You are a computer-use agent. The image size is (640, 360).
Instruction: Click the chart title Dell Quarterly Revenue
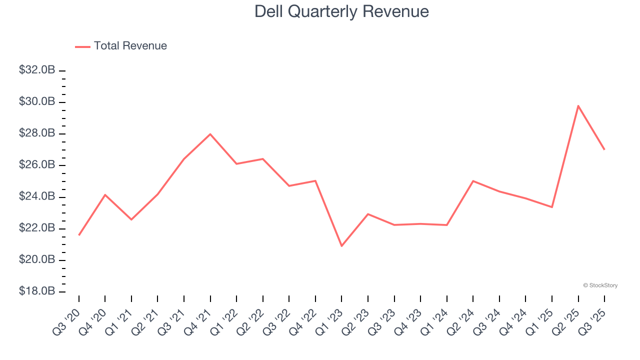click(341, 11)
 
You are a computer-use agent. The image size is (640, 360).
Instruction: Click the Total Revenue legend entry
click(121, 46)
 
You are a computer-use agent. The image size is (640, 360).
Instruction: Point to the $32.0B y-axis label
click(37, 70)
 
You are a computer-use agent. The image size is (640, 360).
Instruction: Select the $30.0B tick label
click(37, 101)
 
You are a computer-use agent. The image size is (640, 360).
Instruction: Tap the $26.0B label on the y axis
click(37, 165)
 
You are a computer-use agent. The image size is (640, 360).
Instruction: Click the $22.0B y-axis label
click(37, 228)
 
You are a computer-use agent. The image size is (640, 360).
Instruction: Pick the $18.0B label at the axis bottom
click(37, 291)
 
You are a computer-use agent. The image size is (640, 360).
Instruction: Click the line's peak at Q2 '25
click(578, 105)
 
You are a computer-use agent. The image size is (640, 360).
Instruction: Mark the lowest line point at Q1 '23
click(341, 246)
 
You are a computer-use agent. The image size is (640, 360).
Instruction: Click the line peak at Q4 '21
click(210, 134)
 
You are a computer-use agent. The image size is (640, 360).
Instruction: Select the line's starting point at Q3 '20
click(79, 235)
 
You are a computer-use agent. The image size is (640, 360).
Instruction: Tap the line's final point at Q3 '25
click(604, 149)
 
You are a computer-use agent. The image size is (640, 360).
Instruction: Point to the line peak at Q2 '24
click(473, 181)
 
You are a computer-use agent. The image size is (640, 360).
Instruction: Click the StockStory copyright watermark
click(600, 285)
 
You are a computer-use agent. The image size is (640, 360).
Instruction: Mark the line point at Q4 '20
click(105, 194)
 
